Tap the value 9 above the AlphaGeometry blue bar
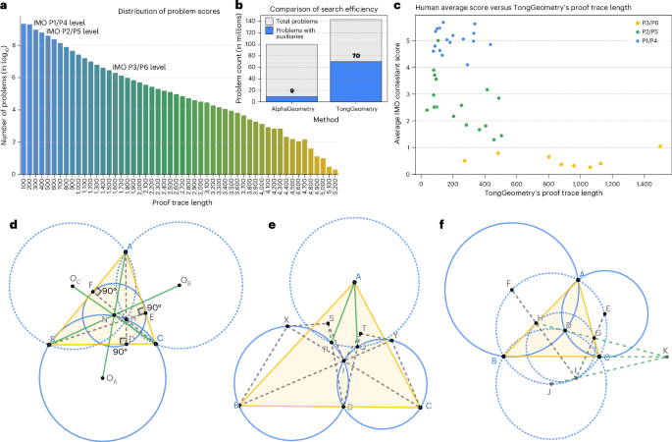(x=277, y=90)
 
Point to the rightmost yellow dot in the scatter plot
(x=660, y=146)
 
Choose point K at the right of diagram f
(x=664, y=355)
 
